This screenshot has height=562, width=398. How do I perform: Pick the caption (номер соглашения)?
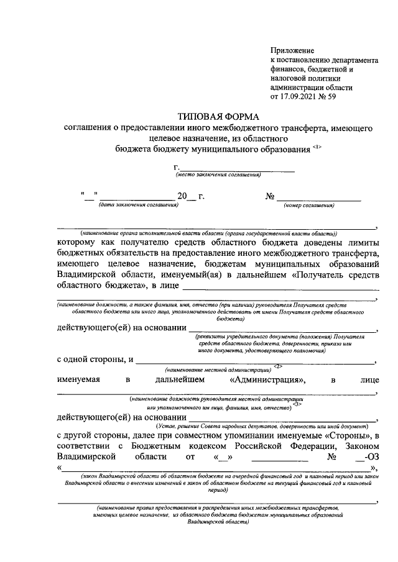[x=309, y=204]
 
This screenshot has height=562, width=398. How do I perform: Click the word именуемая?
[x=78, y=379]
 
